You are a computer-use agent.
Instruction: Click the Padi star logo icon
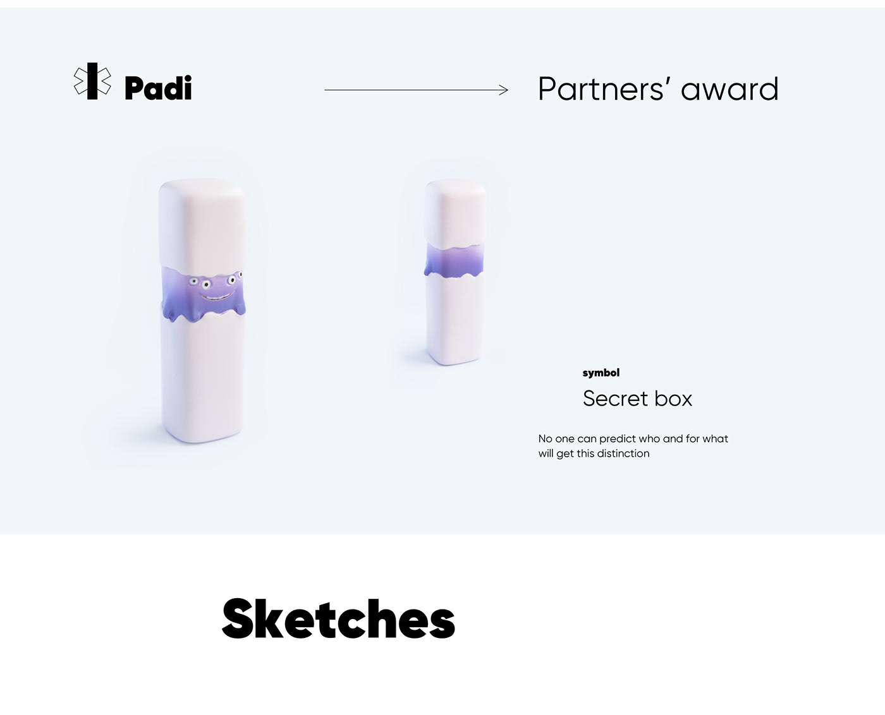(92, 81)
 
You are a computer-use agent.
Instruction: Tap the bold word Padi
(158, 88)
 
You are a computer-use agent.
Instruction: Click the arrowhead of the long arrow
(504, 90)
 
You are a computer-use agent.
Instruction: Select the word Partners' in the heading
(605, 89)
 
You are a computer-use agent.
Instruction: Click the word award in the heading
(729, 89)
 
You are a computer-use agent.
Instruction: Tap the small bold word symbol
(601, 373)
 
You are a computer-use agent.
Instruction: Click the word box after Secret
(673, 399)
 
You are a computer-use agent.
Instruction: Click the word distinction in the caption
(623, 454)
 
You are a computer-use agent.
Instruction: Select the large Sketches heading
(339, 618)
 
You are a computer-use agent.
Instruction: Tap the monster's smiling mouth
(217, 296)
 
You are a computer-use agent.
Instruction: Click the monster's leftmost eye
(193, 282)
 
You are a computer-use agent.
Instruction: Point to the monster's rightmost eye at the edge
(240, 274)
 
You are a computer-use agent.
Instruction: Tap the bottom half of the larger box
(202, 378)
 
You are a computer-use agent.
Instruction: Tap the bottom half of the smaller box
(455, 320)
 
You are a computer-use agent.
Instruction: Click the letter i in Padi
(187, 88)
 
